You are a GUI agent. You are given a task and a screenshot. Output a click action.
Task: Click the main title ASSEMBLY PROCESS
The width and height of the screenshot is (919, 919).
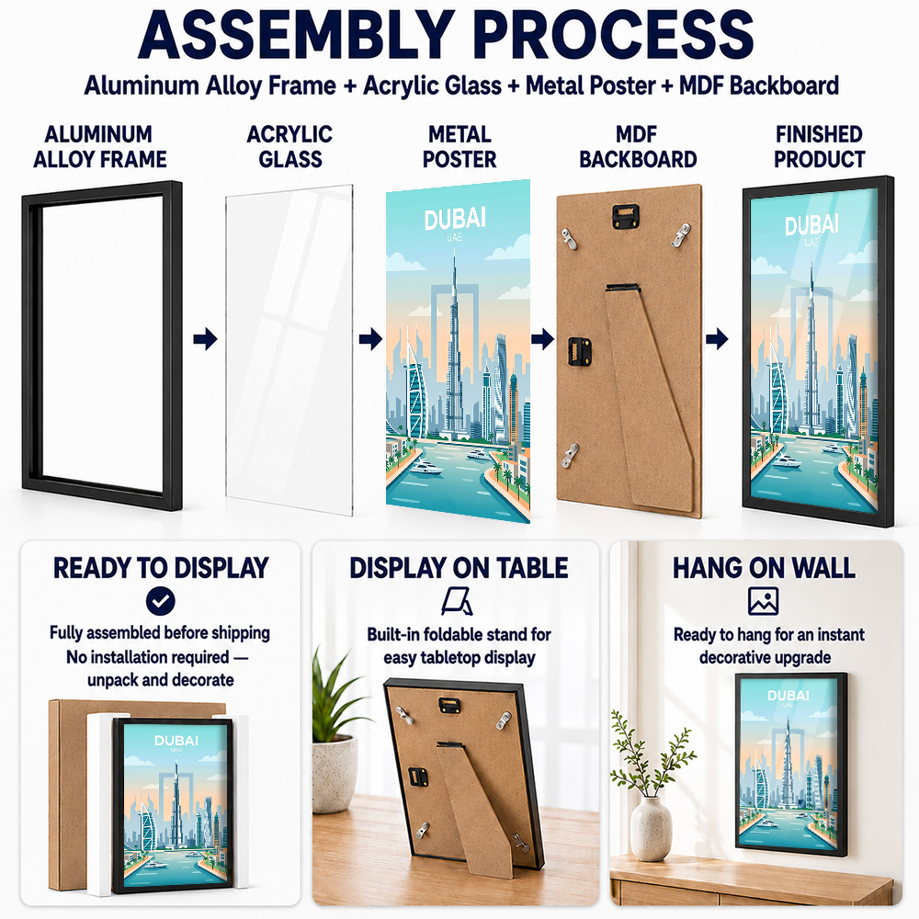tap(446, 35)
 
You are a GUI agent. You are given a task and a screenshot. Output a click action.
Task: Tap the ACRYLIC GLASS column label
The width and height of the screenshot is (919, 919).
tap(289, 146)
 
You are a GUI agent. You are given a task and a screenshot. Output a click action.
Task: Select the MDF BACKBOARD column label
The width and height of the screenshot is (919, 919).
tap(638, 146)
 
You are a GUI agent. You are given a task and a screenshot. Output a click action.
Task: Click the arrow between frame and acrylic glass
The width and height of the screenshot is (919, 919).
tap(205, 339)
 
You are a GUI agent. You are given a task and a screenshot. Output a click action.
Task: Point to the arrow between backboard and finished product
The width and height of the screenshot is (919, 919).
tap(717, 339)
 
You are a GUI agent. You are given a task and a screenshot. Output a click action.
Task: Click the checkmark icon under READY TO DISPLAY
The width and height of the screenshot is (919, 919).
tap(160, 601)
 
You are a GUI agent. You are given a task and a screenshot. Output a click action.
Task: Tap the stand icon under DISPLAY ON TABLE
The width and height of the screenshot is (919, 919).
tap(457, 601)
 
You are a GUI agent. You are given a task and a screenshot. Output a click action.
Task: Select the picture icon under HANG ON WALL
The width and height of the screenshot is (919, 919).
tap(763, 601)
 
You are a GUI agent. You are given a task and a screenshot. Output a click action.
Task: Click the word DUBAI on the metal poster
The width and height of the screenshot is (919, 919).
tap(455, 220)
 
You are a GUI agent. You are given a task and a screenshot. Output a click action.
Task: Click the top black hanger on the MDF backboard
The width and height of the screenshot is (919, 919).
tap(625, 215)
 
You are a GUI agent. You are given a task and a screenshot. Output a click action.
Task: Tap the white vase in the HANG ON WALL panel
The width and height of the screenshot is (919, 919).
tap(651, 829)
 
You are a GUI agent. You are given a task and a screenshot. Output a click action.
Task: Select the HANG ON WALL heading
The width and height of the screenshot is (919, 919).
tap(764, 568)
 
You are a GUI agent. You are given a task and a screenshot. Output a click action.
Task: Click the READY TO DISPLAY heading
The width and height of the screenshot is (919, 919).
tap(161, 568)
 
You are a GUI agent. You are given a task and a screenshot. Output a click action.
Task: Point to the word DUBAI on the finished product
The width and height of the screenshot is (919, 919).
tap(811, 225)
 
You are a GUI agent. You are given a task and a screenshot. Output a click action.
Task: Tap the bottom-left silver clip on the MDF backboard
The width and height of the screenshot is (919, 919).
tap(569, 456)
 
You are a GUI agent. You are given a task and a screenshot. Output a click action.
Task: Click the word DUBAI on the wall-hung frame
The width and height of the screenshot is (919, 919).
tap(788, 696)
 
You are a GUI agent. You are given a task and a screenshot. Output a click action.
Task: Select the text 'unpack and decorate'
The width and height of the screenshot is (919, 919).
tap(161, 680)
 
